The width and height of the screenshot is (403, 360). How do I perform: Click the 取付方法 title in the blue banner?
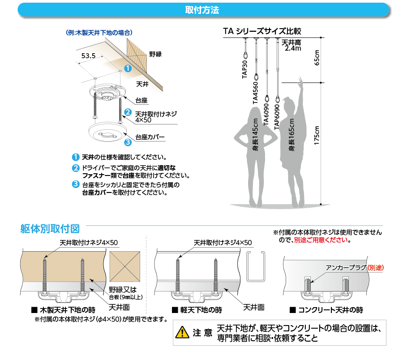coord(201,10)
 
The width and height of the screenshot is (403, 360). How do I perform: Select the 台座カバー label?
coord(150,137)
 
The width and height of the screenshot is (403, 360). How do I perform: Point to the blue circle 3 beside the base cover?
coord(128,142)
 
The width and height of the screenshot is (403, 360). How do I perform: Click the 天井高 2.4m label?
coord(292,46)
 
